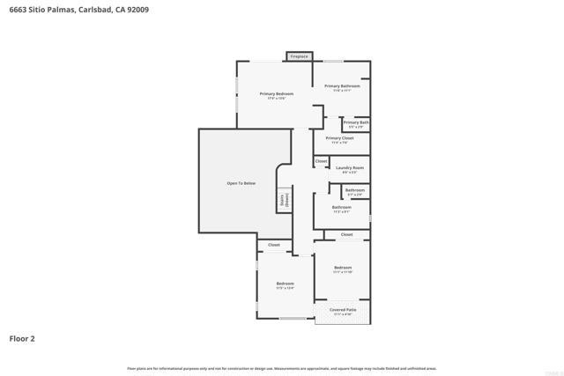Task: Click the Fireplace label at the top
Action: click(299, 56)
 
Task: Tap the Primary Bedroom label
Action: click(276, 93)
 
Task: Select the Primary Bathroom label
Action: click(342, 86)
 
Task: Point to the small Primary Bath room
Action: click(356, 124)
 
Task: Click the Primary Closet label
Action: click(339, 138)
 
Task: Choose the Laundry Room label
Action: click(350, 167)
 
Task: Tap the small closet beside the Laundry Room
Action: click(321, 161)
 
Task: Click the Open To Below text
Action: click(241, 182)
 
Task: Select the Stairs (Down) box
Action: click(285, 200)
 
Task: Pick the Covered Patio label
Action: click(343, 310)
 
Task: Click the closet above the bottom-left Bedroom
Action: click(274, 245)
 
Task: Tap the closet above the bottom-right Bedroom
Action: click(346, 234)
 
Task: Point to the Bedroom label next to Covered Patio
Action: click(342, 268)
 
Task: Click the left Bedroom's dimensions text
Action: click(285, 288)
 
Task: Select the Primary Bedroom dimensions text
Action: click(276, 98)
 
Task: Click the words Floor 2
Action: click(22, 337)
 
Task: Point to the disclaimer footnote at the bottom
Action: click(281, 366)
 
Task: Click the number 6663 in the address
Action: click(19, 11)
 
